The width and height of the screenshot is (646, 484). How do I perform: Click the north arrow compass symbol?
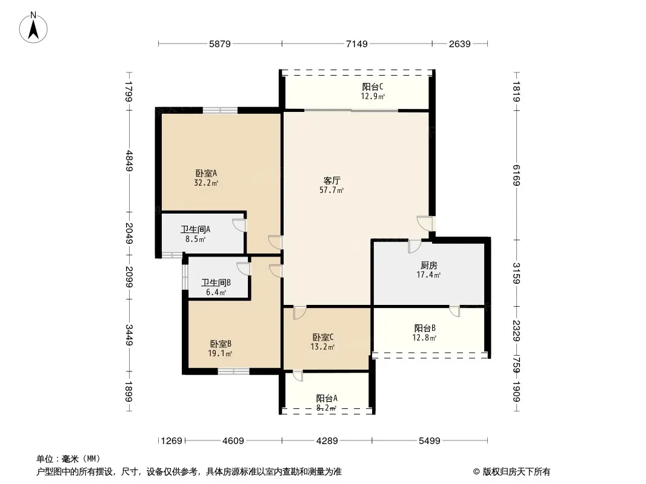tap(33, 28)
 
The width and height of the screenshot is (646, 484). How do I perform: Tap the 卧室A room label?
tap(206, 174)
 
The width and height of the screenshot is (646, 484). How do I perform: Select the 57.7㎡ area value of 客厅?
tap(331, 190)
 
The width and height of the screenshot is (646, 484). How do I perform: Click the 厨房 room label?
tap(429, 266)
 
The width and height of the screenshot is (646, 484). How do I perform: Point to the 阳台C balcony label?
tap(373, 87)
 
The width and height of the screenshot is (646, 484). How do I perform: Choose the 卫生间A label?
tap(195, 229)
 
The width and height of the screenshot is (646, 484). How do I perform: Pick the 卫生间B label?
tap(216, 283)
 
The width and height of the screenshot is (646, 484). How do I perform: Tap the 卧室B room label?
tap(221, 344)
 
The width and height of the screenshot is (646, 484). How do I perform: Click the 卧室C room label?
tap(322, 337)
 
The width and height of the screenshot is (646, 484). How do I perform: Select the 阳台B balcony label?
tap(425, 328)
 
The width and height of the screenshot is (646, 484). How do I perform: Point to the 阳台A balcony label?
tap(327, 398)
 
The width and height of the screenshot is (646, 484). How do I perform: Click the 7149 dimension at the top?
tap(357, 44)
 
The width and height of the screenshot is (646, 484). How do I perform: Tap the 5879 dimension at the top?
tap(219, 44)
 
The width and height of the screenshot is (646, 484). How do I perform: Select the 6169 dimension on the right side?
tap(517, 175)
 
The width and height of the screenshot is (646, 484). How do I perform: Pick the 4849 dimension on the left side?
tap(129, 161)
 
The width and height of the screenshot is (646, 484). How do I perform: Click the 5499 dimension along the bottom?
tap(429, 441)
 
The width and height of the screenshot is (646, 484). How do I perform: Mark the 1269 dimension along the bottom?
tap(171, 441)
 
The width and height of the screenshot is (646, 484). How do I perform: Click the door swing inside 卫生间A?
tap(239, 225)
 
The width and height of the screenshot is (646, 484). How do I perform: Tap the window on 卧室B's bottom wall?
tap(233, 371)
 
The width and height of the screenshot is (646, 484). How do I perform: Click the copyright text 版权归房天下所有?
tap(516, 472)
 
